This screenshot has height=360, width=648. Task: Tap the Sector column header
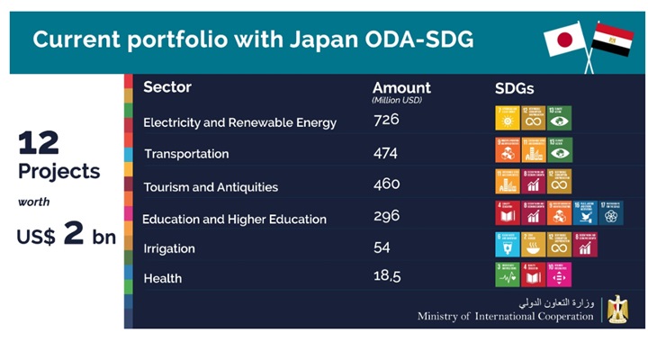(x=167, y=87)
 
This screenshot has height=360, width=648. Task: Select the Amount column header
(x=401, y=87)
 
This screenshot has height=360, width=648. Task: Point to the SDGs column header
(x=515, y=88)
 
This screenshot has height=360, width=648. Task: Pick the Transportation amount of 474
(x=386, y=153)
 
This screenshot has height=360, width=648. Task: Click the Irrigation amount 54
(x=382, y=247)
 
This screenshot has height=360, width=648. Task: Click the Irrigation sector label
(x=169, y=248)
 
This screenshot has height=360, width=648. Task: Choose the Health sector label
(x=163, y=278)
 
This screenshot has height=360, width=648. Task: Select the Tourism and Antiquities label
(x=211, y=187)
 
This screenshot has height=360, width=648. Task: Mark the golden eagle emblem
(x=617, y=309)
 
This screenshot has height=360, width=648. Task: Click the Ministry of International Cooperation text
(x=505, y=316)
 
